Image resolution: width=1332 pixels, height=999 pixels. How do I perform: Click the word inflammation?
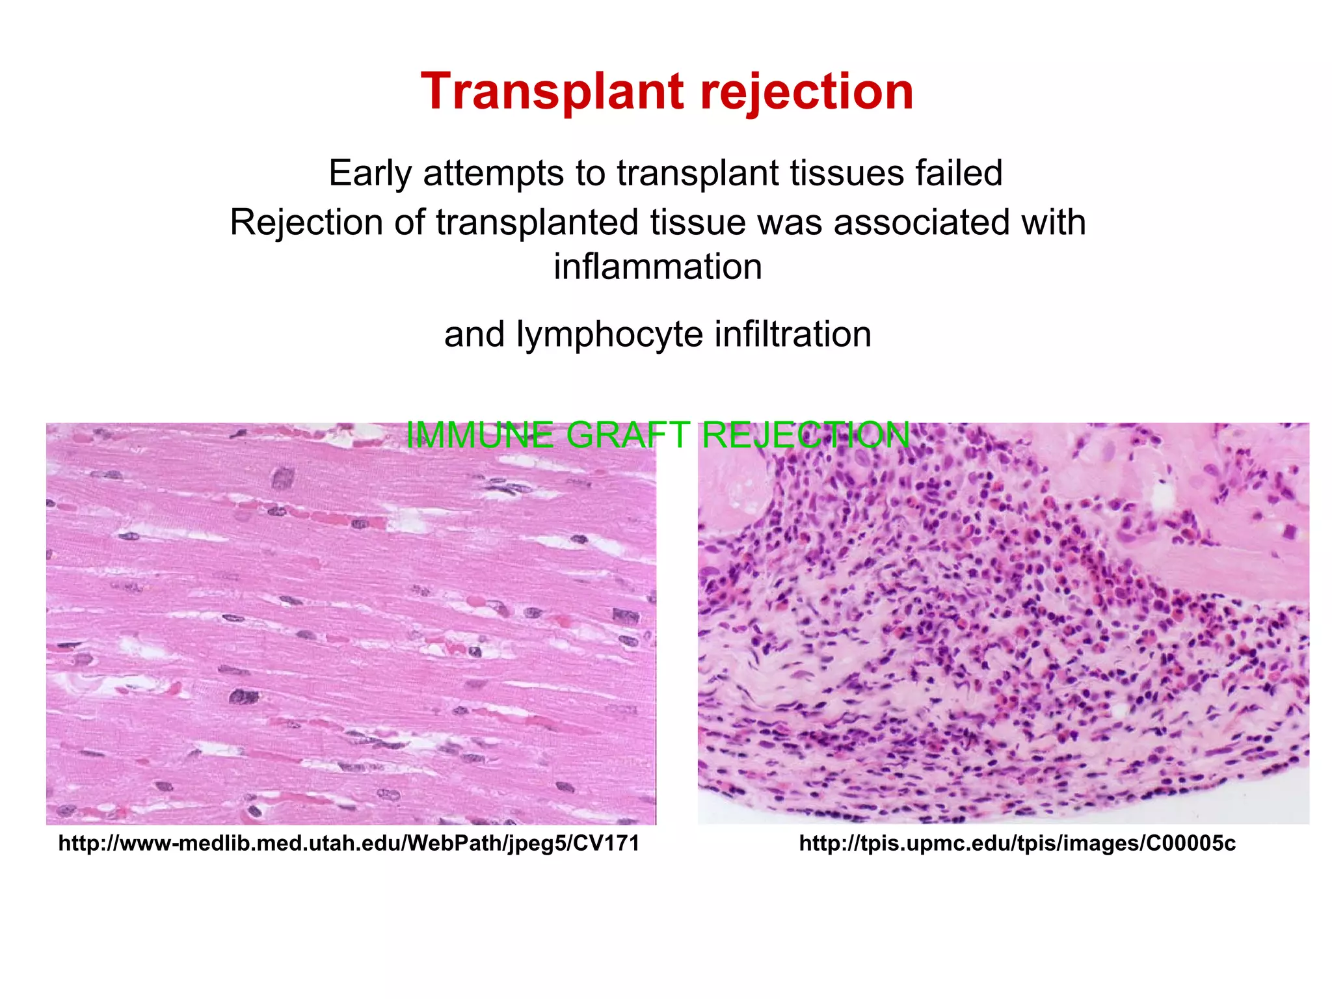pyautogui.click(x=658, y=267)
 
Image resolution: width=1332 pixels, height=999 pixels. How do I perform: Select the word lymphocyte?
pyautogui.click(x=608, y=334)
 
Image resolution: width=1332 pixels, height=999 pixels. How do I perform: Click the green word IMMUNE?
pyautogui.click(x=480, y=435)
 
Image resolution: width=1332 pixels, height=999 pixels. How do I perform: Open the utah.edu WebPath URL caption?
pyautogui.click(x=349, y=844)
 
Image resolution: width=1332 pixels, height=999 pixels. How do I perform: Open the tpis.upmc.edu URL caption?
pyautogui.click(x=1017, y=844)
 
